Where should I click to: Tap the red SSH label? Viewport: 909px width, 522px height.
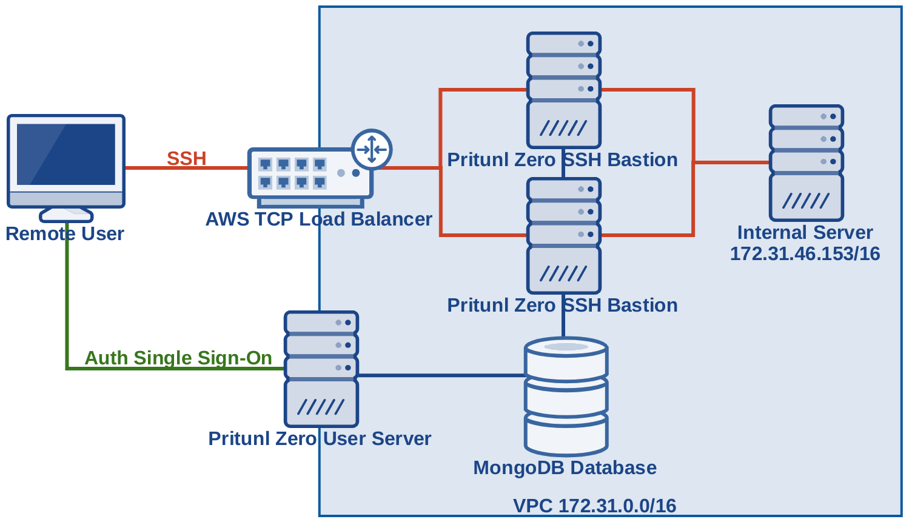pyautogui.click(x=187, y=158)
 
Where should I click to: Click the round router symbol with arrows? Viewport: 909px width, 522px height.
pyautogui.click(x=372, y=149)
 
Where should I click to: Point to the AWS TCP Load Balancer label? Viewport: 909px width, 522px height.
pyautogui.click(x=318, y=219)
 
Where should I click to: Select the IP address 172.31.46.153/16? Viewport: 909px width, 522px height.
pyautogui.click(x=805, y=253)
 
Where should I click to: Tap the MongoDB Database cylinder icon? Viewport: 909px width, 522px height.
pyautogui.click(x=566, y=397)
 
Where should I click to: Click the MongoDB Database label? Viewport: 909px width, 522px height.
pyautogui.click(x=565, y=467)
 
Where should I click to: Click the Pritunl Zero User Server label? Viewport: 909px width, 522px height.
pyautogui.click(x=320, y=438)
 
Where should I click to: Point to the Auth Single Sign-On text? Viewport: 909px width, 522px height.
pyautogui.click(x=178, y=358)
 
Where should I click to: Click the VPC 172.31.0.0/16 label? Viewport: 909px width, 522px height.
pyautogui.click(x=594, y=506)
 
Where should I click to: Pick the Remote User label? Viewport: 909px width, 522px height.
pyautogui.click(x=65, y=233)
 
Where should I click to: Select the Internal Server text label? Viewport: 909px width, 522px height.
pyautogui.click(x=805, y=232)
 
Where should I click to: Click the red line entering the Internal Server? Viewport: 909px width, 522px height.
pyautogui.click(x=731, y=162)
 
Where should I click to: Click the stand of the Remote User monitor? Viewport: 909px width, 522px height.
pyautogui.click(x=66, y=214)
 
